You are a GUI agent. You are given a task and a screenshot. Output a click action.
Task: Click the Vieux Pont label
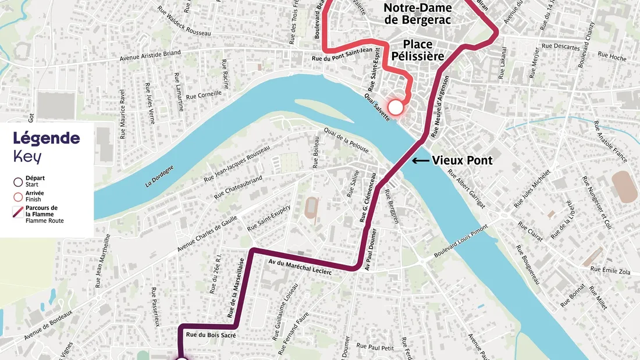pos(462,161)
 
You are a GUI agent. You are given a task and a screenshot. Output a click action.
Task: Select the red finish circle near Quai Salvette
pos(396,107)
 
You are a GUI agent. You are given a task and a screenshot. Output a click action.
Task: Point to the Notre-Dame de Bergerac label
pos(418,13)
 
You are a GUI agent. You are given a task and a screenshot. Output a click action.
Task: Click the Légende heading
pos(47,138)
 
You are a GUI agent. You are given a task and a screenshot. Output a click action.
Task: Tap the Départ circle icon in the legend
pos(18,181)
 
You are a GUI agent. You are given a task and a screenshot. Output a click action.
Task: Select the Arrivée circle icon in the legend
pos(18,196)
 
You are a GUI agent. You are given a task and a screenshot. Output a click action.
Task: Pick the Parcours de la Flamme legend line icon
pos(18,211)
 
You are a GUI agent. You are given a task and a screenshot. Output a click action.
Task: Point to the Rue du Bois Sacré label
pos(209,335)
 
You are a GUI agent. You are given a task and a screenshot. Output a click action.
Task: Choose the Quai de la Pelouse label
pos(346,140)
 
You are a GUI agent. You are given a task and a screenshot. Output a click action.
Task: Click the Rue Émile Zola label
pos(610,269)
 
